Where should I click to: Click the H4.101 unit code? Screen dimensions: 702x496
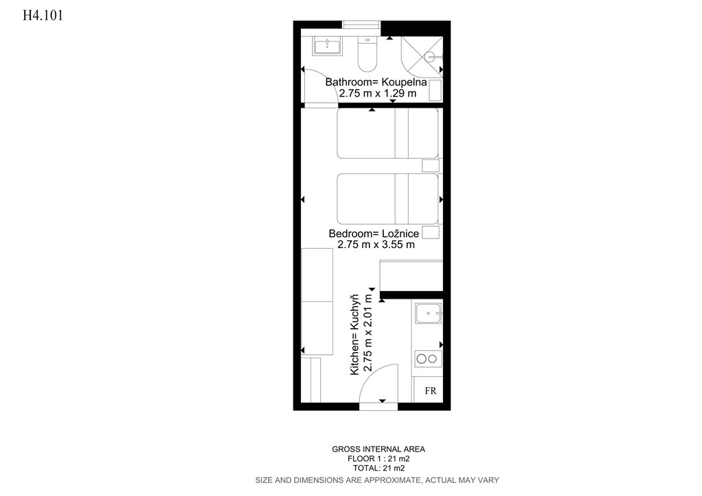coord(43,16)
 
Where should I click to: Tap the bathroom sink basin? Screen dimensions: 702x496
coord(327,46)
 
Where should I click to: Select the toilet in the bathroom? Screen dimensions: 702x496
coord(367,54)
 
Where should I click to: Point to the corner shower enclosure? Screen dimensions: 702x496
coord(422,57)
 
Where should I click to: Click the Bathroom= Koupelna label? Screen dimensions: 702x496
coord(376,82)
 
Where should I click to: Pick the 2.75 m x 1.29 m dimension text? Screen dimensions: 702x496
coord(378,93)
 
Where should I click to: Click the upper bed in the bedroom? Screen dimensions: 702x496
coord(388,134)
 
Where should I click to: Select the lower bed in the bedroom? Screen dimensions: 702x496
coord(388,199)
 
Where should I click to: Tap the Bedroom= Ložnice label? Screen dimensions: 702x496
coord(374,234)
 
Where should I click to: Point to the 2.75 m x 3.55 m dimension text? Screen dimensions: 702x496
coord(376,245)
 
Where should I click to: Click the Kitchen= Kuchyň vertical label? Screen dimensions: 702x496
coord(354,334)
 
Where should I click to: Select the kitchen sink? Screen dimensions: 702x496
coord(428,313)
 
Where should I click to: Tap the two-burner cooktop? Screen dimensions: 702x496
coord(428,359)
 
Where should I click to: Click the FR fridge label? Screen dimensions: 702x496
coord(431,391)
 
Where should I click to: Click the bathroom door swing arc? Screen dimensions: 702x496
coord(330,83)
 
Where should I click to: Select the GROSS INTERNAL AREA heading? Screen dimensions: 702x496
coord(378,449)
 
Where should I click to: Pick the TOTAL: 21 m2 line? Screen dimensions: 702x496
coord(378,469)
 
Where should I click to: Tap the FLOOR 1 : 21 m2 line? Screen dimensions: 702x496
coord(378,459)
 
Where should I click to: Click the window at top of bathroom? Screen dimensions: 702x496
coord(362,25)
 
